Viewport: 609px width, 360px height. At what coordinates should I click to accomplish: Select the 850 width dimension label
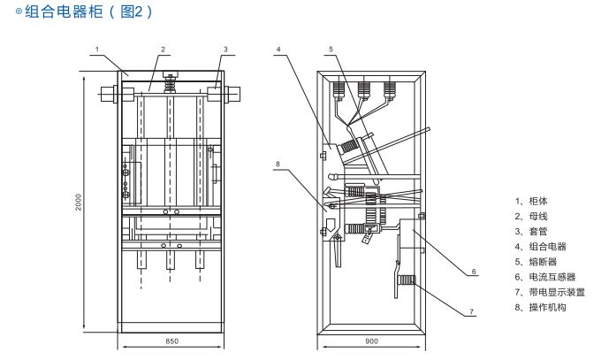pyautogui.click(x=171, y=341)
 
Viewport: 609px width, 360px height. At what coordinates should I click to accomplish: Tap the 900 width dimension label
pyautogui.click(x=371, y=341)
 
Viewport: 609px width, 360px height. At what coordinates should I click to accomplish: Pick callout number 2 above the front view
pyautogui.click(x=164, y=49)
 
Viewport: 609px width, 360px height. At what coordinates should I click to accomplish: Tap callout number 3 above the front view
pyautogui.click(x=225, y=49)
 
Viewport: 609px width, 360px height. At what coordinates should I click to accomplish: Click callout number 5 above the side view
pyautogui.click(x=331, y=49)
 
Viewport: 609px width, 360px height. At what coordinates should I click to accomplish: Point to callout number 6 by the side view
pyautogui.click(x=474, y=272)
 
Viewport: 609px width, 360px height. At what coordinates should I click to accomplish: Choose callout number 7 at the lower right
pyautogui.click(x=472, y=311)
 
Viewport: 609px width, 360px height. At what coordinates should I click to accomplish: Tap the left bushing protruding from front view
pyautogui.click(x=110, y=94)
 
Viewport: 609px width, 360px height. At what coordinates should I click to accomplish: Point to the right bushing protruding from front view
pyautogui.click(x=235, y=94)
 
